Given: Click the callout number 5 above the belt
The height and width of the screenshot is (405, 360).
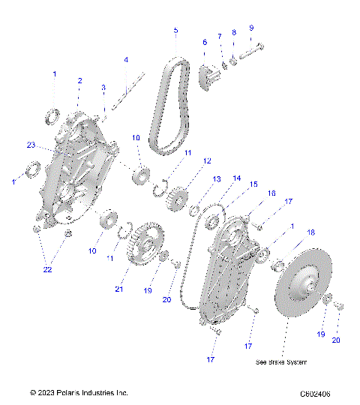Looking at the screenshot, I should [x=175, y=31].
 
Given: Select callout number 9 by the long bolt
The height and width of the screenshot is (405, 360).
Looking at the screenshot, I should [x=251, y=28].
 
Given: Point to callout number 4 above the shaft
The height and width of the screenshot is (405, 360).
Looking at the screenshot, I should [x=126, y=59].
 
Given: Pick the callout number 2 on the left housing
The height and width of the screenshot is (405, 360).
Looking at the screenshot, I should [x=79, y=80].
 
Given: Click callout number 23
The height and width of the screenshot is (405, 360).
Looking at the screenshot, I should [x=31, y=144].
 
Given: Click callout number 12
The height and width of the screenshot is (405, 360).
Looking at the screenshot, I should [x=206, y=161].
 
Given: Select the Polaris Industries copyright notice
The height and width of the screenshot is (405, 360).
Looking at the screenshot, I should [x=79, y=392].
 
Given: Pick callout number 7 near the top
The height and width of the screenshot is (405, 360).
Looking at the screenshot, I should [x=220, y=36].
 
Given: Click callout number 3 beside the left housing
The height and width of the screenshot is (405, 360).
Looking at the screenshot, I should [x=103, y=88].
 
